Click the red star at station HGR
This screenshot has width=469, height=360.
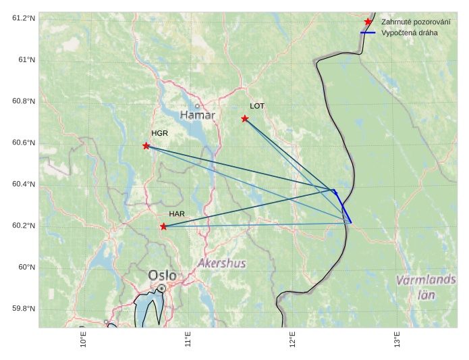146,146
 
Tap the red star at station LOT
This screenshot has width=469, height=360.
245,119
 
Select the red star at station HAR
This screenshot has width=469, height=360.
163,226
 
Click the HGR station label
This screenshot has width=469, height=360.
159,133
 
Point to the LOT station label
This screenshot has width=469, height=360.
257,106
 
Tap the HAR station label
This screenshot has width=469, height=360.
177,214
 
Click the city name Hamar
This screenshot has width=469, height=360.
198,115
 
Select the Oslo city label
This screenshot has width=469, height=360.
162,276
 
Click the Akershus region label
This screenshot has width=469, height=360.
222,263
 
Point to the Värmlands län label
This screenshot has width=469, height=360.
426,287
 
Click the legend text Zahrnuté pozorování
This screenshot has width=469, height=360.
416,22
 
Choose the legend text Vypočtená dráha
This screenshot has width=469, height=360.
409,32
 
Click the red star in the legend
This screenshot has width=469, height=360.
368,22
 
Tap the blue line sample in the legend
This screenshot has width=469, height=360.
368,32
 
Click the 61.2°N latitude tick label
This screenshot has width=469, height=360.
23,18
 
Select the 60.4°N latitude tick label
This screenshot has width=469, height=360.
23,184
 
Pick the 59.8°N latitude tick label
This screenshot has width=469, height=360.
23,309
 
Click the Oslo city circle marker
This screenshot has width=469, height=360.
162,288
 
